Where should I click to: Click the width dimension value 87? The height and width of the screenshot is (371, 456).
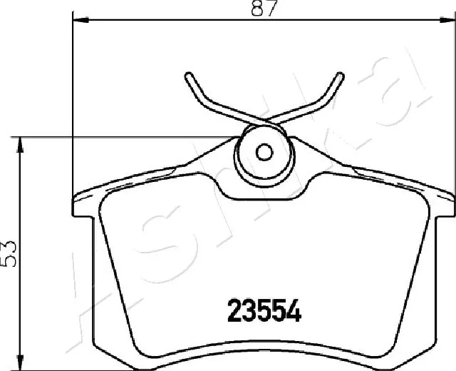point(264,9)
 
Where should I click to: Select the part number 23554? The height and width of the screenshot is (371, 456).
point(264,311)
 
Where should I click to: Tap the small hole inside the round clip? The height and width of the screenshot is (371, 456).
point(264,152)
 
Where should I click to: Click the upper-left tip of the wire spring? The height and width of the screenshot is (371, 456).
point(187,75)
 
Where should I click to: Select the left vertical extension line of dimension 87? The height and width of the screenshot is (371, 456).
point(74,107)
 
